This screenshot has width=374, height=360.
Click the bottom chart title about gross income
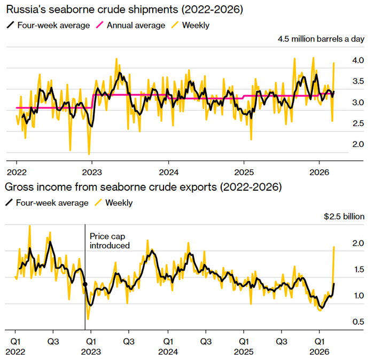click(x=143, y=187)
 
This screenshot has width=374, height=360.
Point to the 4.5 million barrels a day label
click(x=321, y=39)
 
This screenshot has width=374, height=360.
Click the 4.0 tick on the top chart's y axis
click(x=357, y=61)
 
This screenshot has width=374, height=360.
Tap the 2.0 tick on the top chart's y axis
click(x=357, y=144)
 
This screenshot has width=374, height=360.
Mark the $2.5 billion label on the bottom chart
click(x=344, y=217)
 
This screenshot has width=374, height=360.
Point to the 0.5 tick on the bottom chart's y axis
click(x=357, y=322)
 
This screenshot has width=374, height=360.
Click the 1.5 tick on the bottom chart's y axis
click(x=357, y=270)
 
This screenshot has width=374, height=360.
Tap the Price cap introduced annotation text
click(x=110, y=240)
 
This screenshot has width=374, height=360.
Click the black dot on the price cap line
click(x=85, y=285)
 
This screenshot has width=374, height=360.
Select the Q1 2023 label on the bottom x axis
click(x=92, y=346)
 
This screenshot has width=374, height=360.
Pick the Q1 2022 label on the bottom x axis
click(x=16, y=346)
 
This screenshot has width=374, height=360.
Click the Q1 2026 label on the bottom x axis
click(x=320, y=346)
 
